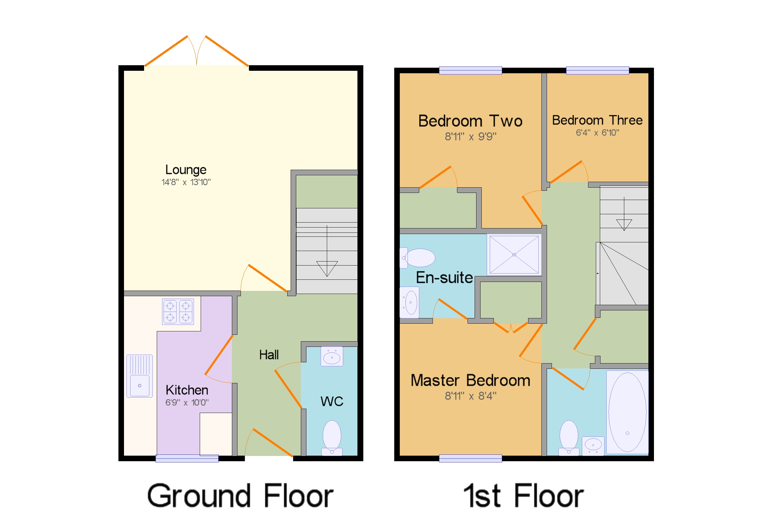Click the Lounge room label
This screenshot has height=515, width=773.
[186, 170]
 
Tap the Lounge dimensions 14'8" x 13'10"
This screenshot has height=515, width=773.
[186, 182]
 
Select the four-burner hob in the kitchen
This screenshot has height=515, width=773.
[178, 311]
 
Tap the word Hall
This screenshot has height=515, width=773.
[269, 355]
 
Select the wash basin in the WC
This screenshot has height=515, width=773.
[332, 356]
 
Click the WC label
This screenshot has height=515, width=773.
[332, 401]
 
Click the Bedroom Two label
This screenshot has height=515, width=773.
[470, 121]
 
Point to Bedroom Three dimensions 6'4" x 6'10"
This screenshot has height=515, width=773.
[597, 133]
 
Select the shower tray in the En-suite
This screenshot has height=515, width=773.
[514, 254]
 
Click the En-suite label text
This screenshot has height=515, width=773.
[444, 278]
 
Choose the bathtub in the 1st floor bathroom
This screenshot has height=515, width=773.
[627, 412]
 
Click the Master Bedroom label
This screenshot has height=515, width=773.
[470, 380]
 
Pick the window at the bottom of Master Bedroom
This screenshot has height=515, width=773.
[470, 458]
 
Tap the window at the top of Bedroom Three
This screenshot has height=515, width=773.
[597, 70]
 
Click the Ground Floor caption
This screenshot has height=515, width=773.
[240, 496]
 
